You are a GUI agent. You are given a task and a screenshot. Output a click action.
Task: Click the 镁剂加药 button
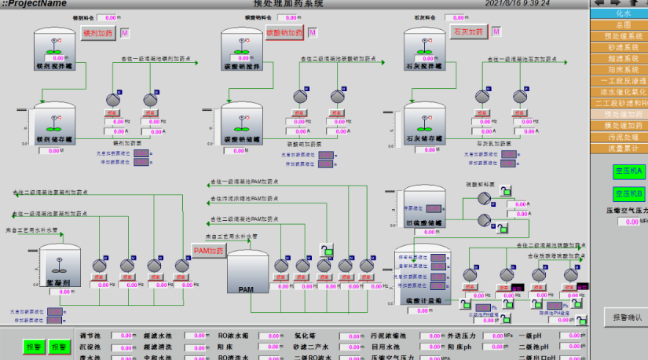pos(98,32)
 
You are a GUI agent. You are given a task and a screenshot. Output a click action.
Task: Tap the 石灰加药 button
pos(467,32)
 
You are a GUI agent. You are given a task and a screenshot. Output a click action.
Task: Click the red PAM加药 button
pos(210,251)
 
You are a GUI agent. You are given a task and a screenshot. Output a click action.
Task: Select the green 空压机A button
pos(628,171)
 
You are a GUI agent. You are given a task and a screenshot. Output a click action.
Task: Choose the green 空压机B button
pos(628,193)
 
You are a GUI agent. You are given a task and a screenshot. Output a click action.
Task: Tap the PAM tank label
pos(246,289)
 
